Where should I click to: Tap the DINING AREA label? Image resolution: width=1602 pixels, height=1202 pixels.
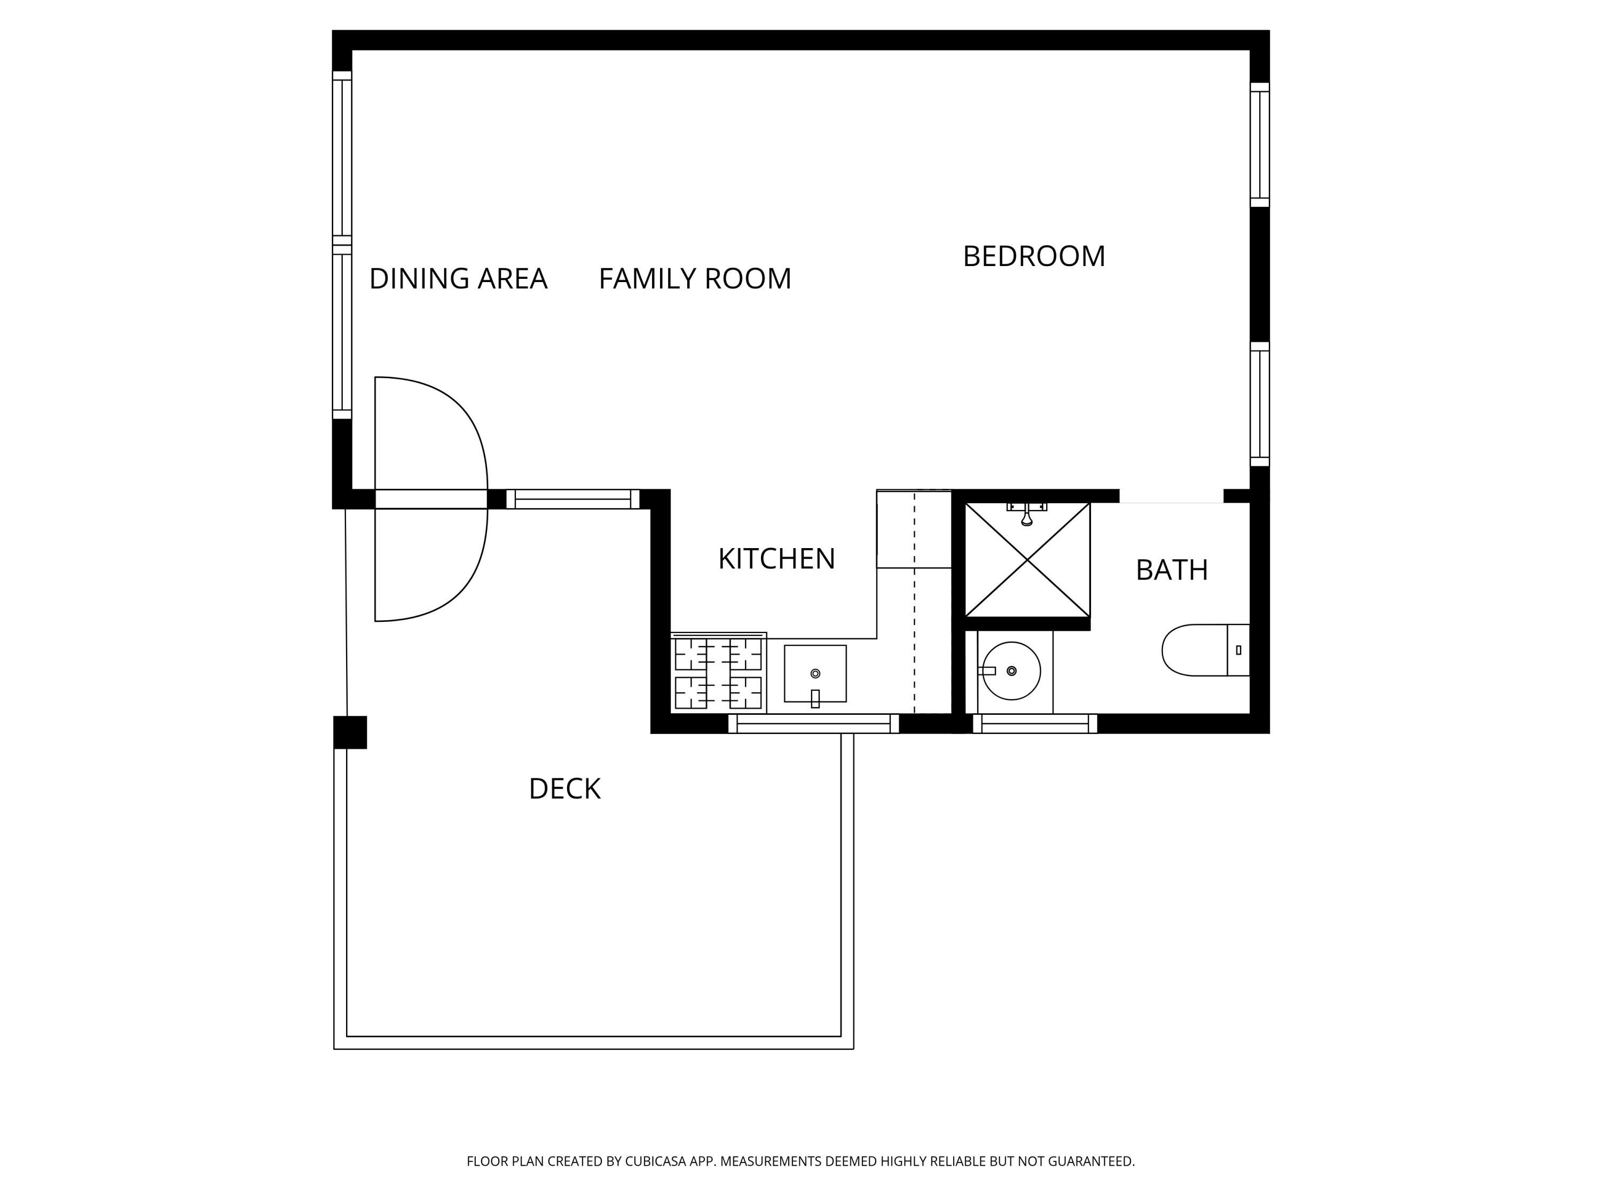(x=458, y=279)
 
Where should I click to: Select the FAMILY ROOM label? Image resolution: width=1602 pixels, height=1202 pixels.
(x=695, y=279)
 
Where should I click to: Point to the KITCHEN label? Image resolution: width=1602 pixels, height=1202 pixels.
(x=776, y=559)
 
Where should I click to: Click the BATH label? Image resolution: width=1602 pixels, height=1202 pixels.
(x=1172, y=570)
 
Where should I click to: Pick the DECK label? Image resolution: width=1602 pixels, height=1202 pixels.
(x=565, y=789)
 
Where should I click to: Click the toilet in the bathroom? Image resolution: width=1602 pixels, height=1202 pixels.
(x=1205, y=650)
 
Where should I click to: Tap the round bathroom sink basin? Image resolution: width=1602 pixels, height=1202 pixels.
(x=1011, y=671)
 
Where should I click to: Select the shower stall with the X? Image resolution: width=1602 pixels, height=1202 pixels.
(x=1027, y=559)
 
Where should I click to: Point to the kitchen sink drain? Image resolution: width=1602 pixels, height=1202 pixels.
(x=815, y=674)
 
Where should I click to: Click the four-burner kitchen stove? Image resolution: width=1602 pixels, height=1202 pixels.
(x=718, y=673)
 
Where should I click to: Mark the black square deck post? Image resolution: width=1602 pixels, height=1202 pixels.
(x=350, y=732)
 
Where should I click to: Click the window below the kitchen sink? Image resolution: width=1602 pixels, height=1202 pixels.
(x=813, y=724)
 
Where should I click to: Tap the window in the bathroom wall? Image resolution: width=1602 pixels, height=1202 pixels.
(x=1035, y=724)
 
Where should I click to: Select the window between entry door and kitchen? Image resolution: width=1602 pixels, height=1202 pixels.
(x=573, y=499)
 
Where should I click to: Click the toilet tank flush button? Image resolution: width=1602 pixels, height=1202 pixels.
(x=1238, y=650)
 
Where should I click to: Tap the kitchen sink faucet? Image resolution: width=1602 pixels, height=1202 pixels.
(x=815, y=698)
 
